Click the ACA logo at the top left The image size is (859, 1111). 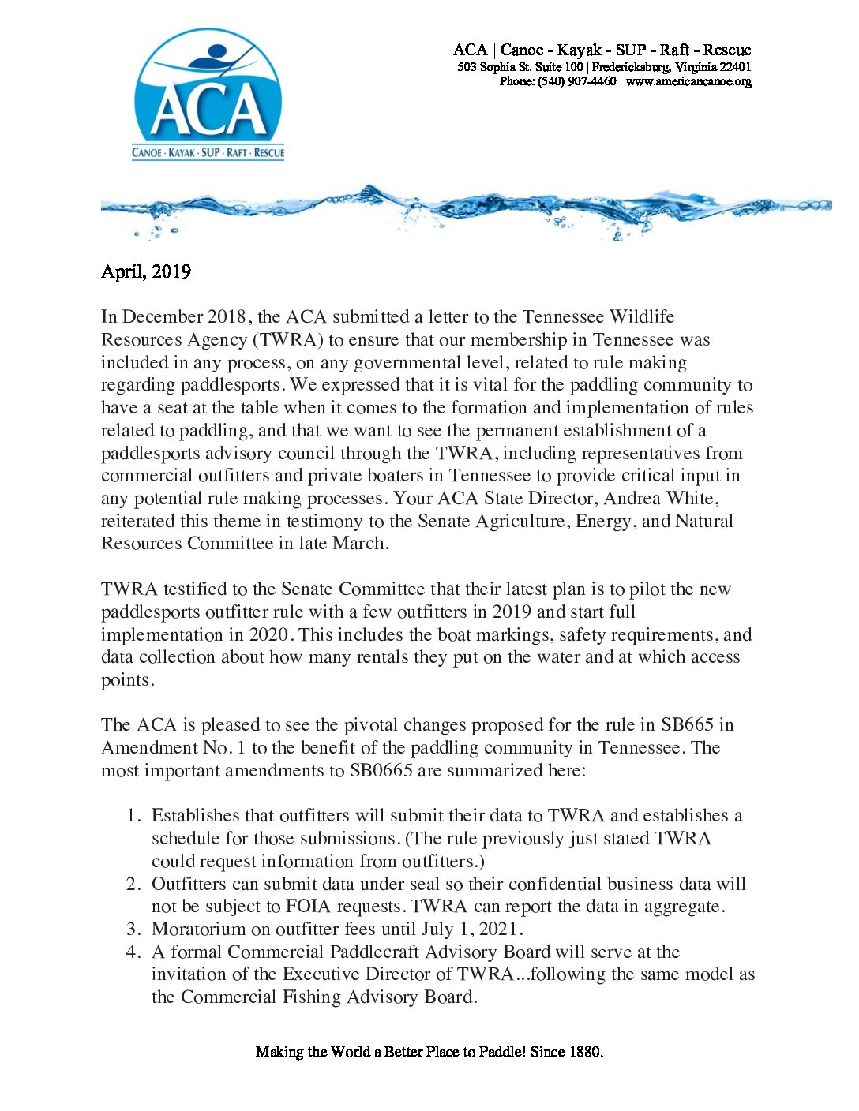pyautogui.click(x=208, y=95)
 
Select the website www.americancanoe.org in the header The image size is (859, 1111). pyautogui.click(x=688, y=81)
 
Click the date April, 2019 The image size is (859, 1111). pyautogui.click(x=146, y=271)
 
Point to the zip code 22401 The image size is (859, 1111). pyautogui.click(x=734, y=67)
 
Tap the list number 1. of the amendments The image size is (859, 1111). pyautogui.click(x=134, y=815)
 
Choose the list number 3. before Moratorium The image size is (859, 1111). pyautogui.click(x=134, y=929)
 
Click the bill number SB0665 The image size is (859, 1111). pyautogui.click(x=381, y=770)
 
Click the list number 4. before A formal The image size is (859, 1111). pyautogui.click(x=134, y=952)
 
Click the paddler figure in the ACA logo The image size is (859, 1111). pyautogui.click(x=208, y=58)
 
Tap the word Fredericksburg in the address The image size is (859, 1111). pyautogui.click(x=631, y=67)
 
